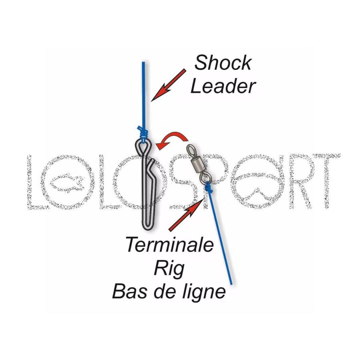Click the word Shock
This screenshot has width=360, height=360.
point(223,62)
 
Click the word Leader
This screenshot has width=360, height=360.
point(223,86)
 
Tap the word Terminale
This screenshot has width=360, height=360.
point(170,244)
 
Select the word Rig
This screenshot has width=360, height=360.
point(169,269)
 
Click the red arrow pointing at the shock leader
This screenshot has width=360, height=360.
point(168,85)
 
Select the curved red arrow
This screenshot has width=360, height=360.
point(173,137)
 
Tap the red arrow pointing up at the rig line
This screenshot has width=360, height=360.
point(186,215)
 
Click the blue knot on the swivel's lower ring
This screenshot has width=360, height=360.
point(208,187)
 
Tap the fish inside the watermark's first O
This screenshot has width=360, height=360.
point(66,182)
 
